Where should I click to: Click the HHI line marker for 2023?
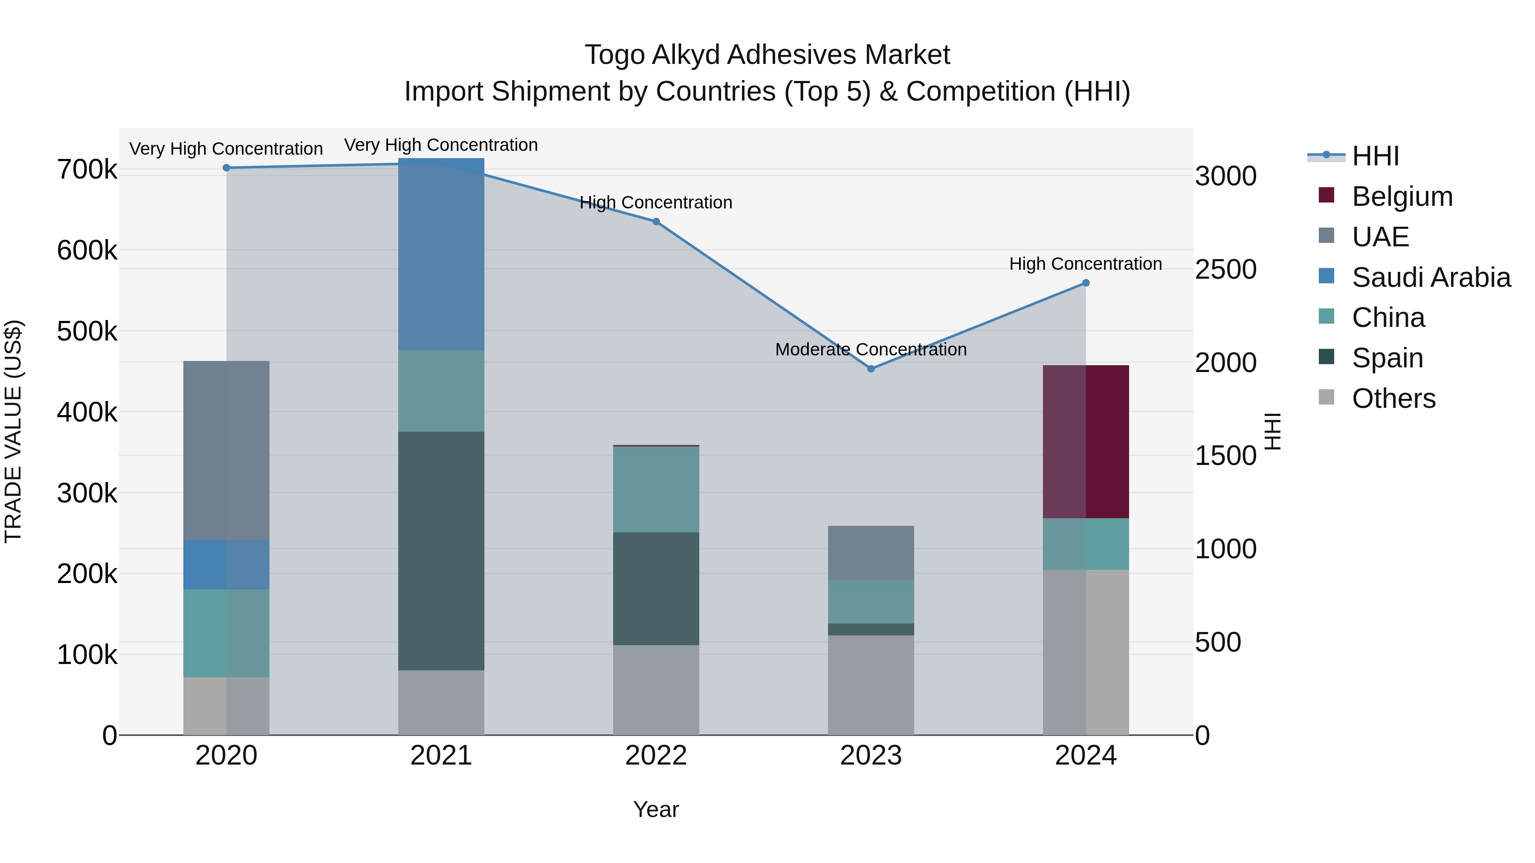tap(871, 369)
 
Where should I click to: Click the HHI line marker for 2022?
tap(655, 222)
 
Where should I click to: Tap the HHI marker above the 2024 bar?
tap(1086, 283)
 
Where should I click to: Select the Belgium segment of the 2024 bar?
tap(1086, 442)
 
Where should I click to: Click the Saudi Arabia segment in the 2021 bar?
tap(441, 254)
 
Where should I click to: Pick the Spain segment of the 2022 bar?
tap(655, 589)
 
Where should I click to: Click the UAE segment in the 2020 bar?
tap(226, 450)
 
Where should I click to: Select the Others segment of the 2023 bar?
tap(871, 685)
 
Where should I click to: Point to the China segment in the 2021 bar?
tap(441, 391)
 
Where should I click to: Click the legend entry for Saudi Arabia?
tap(1430, 277)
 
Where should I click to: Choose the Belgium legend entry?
tap(1402, 196)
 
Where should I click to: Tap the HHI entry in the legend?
tap(1375, 156)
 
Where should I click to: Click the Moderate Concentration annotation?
tap(871, 349)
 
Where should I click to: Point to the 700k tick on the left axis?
tap(87, 170)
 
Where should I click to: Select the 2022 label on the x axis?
tap(655, 756)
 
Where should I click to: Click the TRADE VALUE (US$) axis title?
tap(13, 431)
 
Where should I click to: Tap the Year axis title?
tap(655, 809)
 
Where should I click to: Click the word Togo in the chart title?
tap(614, 55)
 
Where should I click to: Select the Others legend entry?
tap(1393, 398)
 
